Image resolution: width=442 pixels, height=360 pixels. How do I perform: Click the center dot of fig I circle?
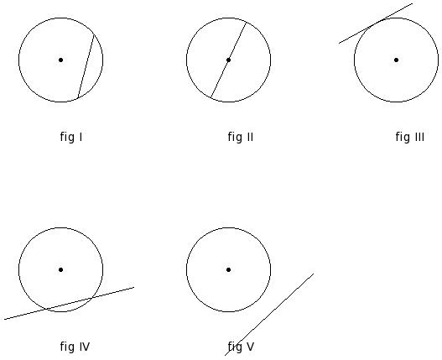coord(60,60)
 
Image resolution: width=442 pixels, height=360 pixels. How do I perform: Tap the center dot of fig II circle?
coord(228,60)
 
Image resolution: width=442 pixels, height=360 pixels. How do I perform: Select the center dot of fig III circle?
coord(396,60)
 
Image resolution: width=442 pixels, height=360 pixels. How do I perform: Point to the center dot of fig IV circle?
coord(60,269)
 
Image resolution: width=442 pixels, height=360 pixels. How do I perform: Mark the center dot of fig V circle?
coord(228,269)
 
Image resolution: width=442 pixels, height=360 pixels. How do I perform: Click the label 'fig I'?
coord(71,137)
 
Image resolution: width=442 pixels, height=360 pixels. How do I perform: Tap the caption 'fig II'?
coord(241,137)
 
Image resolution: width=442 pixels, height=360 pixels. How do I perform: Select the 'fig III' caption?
coord(410,137)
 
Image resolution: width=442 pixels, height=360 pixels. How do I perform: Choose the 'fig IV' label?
coord(75,347)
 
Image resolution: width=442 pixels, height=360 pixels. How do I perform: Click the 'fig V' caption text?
coord(241,347)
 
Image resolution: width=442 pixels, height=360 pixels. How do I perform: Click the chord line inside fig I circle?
coord(86,66)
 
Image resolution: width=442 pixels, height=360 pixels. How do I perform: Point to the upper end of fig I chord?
coord(94,34)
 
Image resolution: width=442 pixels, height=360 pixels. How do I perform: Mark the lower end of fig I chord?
coord(78,98)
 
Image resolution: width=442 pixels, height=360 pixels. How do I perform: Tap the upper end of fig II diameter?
coord(247,22)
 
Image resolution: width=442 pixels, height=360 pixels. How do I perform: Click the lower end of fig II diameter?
coord(211,98)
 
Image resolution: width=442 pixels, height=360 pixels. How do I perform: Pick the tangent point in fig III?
coord(377,23)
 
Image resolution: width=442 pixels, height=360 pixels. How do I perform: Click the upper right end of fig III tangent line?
coord(413,3)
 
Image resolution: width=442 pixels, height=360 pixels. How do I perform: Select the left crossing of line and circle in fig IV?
coord(45,309)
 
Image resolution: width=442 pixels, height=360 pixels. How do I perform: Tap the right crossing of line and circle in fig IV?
coord(92,298)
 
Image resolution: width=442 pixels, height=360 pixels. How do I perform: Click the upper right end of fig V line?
coord(314,274)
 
